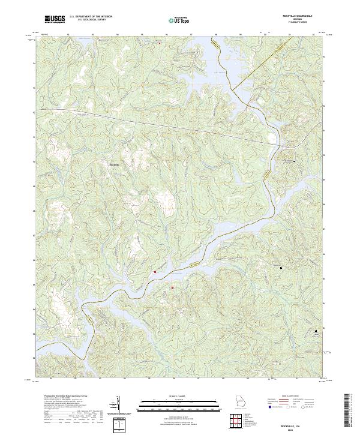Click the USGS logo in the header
click(x=55, y=20)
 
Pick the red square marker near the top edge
click(x=160, y=42)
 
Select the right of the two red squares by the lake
click(x=172, y=288)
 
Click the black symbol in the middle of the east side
click(x=281, y=266)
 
